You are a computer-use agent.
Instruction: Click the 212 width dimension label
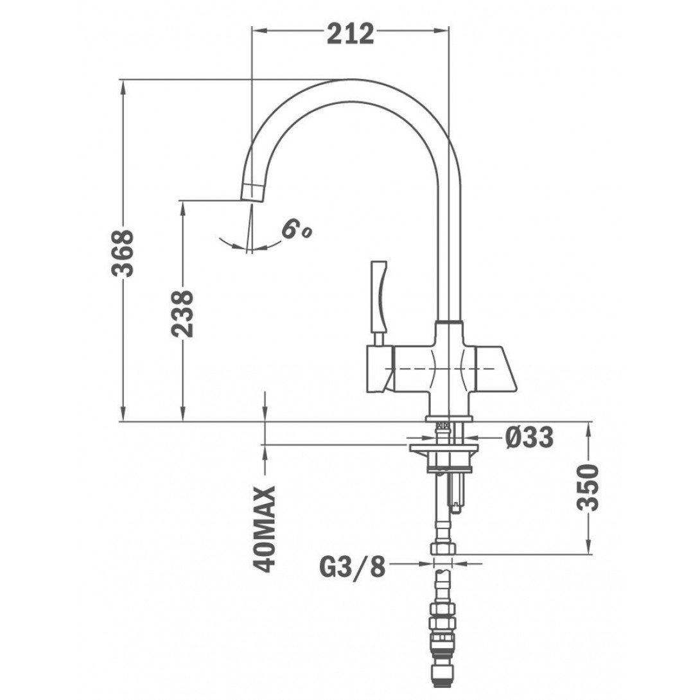351,34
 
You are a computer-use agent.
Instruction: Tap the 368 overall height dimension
122,253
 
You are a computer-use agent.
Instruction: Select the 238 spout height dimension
183,314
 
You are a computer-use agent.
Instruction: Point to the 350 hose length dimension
587,487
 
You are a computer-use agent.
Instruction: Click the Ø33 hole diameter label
529,437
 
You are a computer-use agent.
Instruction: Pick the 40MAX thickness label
265,529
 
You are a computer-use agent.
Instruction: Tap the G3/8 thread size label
352,566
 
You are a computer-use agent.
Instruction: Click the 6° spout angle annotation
297,231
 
